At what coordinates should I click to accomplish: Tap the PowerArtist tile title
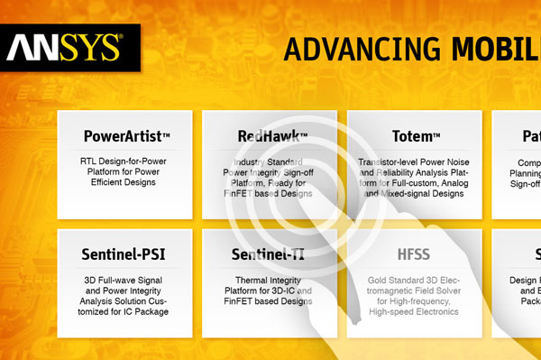(x=127, y=137)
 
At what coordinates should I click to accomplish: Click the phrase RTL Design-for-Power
(x=124, y=160)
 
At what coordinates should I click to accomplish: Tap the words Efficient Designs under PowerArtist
(x=124, y=182)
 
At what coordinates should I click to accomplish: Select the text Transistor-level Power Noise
(x=414, y=160)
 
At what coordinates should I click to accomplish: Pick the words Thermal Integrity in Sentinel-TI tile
(x=267, y=280)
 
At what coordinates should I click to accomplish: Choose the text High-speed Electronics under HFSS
(x=414, y=312)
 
